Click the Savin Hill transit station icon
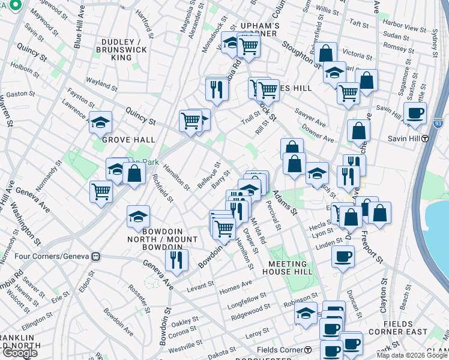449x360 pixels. click(x=424, y=138)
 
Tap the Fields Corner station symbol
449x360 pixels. click(x=308, y=350)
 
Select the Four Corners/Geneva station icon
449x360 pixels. click(x=95, y=256)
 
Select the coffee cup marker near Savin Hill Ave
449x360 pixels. click(x=415, y=112)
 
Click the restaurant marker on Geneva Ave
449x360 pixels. click(x=176, y=259)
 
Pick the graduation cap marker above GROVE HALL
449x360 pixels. click(x=100, y=122)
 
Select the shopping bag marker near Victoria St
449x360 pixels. click(x=326, y=53)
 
